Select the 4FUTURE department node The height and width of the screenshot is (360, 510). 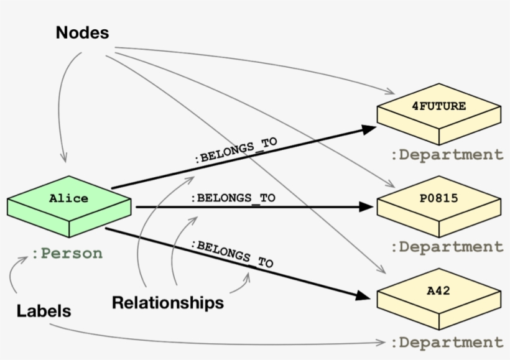[438, 112]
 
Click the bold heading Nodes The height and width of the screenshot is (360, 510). [82, 33]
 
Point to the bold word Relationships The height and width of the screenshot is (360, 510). [167, 303]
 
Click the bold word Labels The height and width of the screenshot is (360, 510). [44, 311]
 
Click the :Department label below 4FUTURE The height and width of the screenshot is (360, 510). [447, 155]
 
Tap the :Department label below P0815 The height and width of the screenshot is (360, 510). [447, 247]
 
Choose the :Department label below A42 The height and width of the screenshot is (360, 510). [447, 342]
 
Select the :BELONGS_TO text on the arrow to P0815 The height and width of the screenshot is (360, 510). [233, 198]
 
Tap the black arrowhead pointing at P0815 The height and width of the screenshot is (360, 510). [369, 207]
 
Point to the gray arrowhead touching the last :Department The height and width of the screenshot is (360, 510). [381, 343]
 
